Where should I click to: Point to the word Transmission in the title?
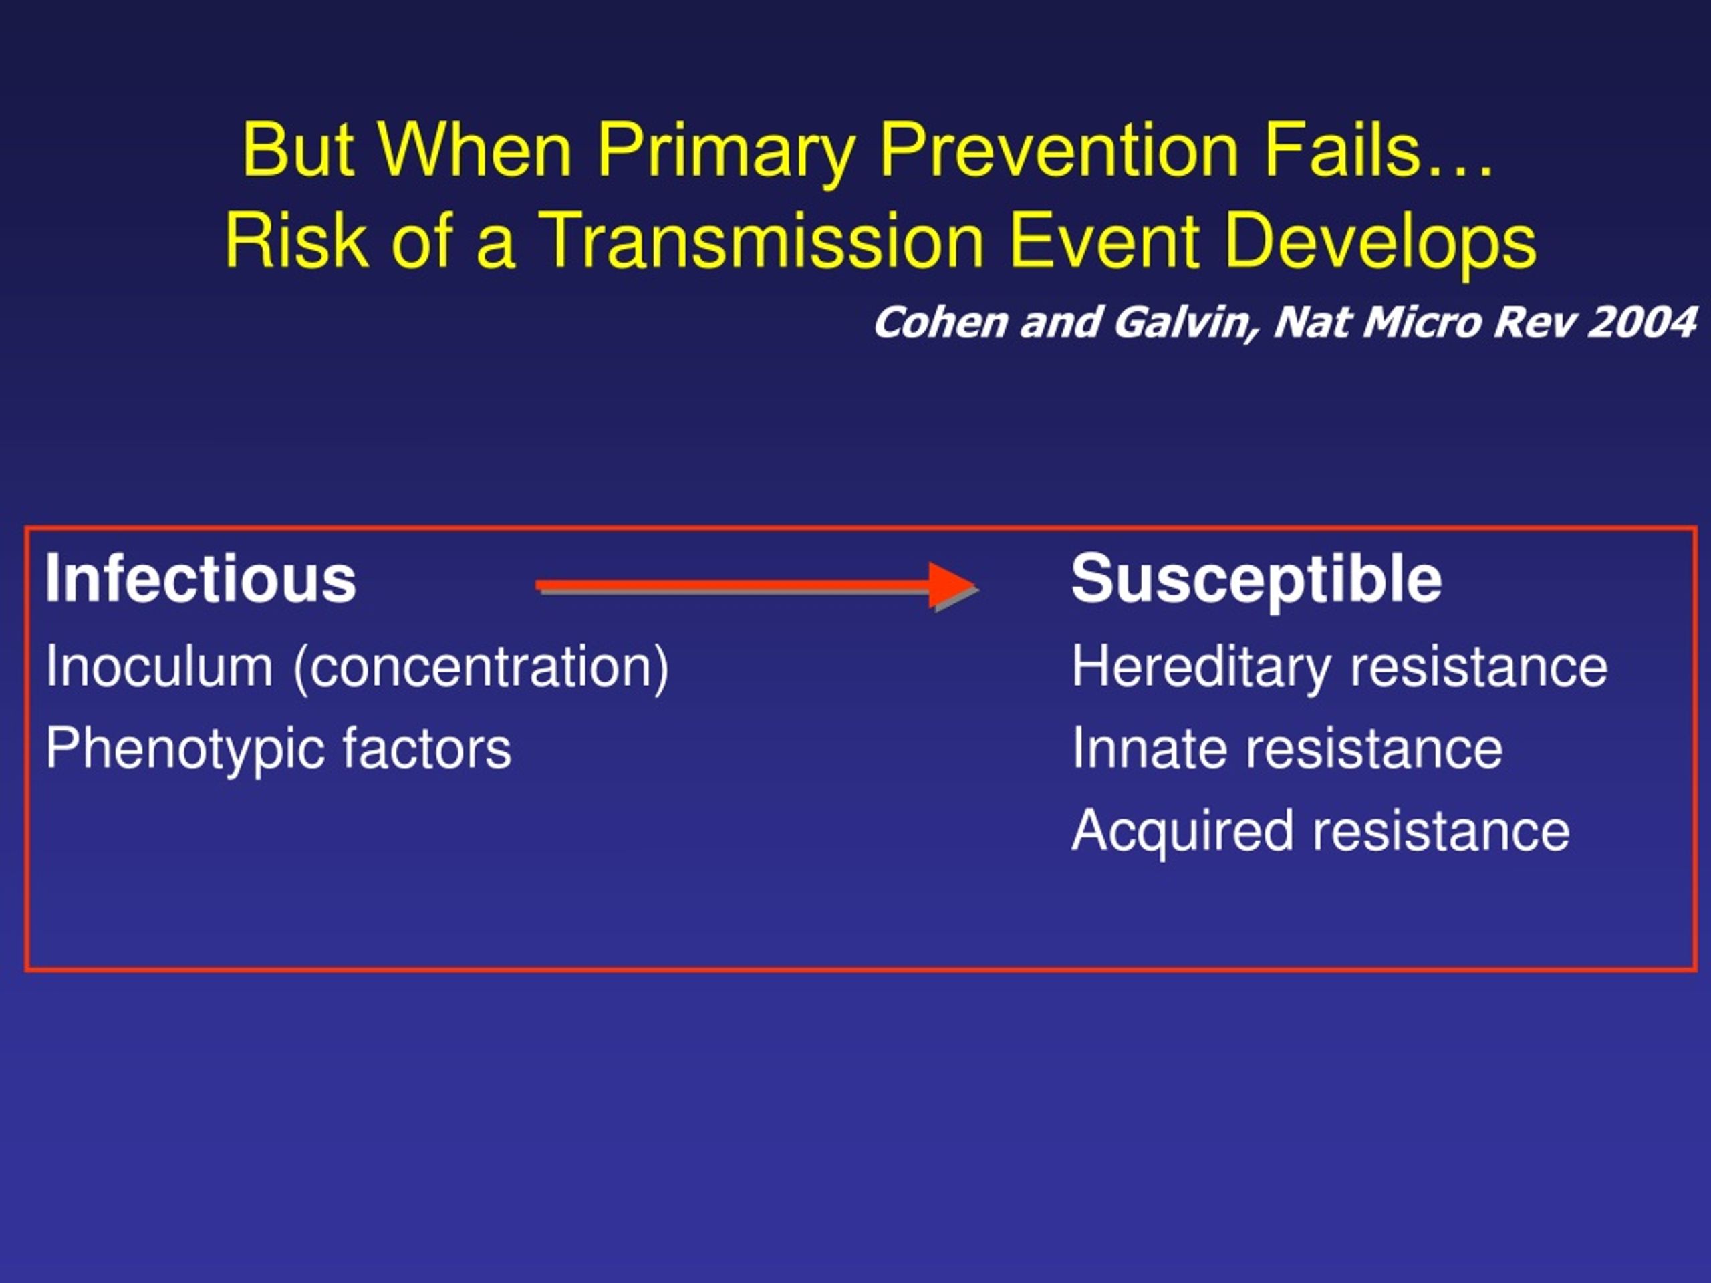pyautogui.click(x=761, y=241)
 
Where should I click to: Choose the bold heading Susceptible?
pyautogui.click(x=1256, y=581)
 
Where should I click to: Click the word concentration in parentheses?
pyautogui.click(x=480, y=668)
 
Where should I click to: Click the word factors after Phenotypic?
pyautogui.click(x=427, y=748)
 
